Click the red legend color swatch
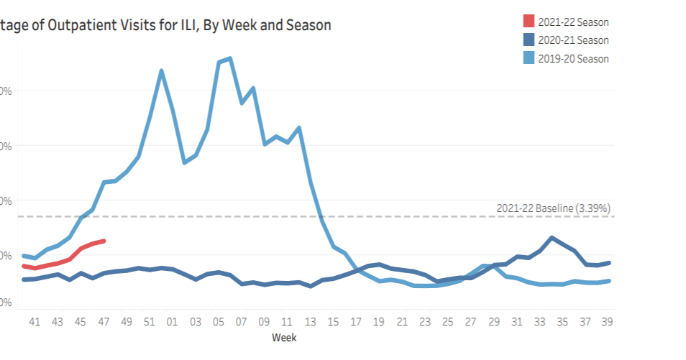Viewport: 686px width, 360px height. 528,22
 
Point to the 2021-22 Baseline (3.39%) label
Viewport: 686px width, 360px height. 553,208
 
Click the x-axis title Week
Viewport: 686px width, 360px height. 284,337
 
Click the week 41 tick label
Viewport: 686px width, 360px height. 35,321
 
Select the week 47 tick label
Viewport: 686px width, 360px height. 104,321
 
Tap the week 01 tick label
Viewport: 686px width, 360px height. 173,321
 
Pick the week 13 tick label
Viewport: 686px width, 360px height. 310,321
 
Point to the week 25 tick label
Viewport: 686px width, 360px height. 447,321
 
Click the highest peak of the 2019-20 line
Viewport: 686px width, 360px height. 229,58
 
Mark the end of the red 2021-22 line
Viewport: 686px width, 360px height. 104,241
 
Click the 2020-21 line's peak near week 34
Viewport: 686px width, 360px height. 552,237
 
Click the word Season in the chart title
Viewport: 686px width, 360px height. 309,25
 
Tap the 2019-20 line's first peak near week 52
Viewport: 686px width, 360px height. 161,70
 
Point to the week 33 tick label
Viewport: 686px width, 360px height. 539,321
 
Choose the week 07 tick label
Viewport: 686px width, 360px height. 241,321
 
